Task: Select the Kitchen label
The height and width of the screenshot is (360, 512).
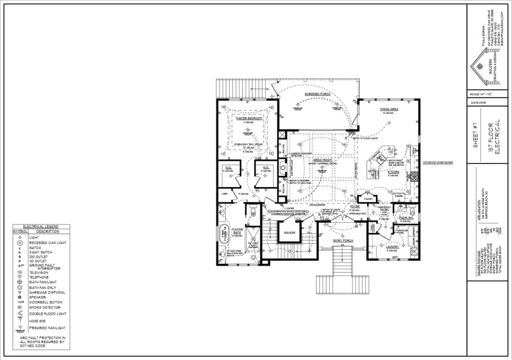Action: pos(394,172)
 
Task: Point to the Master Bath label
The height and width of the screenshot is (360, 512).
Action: pos(238,232)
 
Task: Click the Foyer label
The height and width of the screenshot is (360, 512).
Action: pos(354,208)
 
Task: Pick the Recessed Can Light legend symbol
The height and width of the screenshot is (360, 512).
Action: pos(20,242)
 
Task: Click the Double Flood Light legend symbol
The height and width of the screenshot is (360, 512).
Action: pos(20,314)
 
